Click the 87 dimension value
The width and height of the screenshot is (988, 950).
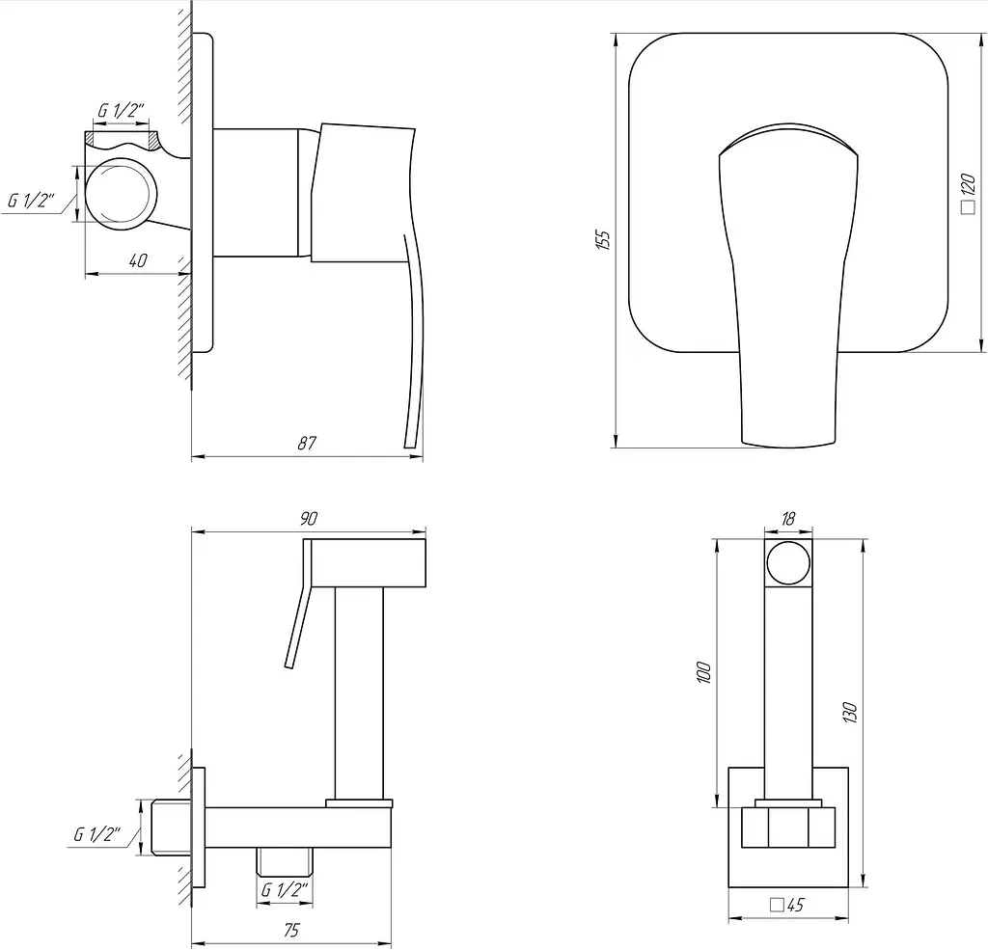(306, 443)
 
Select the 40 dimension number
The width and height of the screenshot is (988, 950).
(138, 260)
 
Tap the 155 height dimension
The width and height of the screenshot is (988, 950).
(603, 240)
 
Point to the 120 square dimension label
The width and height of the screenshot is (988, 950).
(969, 194)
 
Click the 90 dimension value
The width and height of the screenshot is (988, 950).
(308, 519)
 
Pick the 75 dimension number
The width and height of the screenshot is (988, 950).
(291, 929)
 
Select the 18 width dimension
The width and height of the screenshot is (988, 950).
(787, 519)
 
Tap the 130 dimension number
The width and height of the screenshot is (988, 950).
(850, 712)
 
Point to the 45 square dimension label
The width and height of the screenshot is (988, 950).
(787, 905)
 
